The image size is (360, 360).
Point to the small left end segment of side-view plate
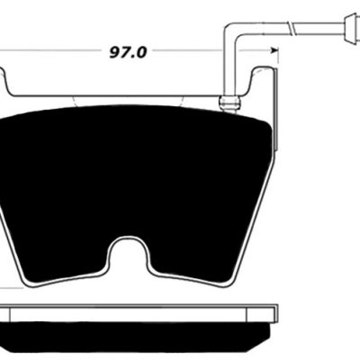pyautogui.click(x=11, y=311)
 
